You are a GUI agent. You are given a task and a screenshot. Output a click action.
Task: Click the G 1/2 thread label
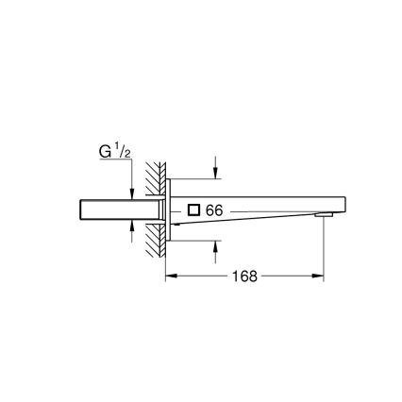tap(115, 150)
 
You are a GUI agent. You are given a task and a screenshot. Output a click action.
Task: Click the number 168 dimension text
tap(244, 277)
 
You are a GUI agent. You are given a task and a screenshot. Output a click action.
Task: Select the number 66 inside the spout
tap(213, 210)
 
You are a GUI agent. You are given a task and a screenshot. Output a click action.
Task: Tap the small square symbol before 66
tap(193, 210)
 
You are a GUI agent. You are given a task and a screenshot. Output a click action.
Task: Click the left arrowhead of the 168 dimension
tap(171, 277)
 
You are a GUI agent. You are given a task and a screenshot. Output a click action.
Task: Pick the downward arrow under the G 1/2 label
tap(132, 192)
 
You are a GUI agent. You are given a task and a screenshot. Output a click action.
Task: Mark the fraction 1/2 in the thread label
tap(124, 148)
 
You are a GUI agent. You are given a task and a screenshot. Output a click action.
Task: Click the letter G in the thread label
tap(106, 151)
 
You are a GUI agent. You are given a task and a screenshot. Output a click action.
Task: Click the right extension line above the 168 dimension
tap(325, 250)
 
